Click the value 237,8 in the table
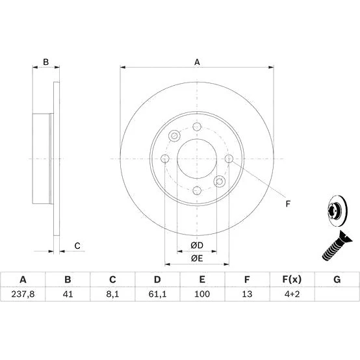click(x=23, y=294)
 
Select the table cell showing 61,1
click(x=157, y=294)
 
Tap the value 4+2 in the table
click(x=292, y=294)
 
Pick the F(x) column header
click(x=292, y=279)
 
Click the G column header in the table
click(x=337, y=279)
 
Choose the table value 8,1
click(x=112, y=294)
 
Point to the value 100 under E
click(x=202, y=294)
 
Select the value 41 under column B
click(x=68, y=294)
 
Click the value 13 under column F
click(x=247, y=294)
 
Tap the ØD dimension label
click(x=197, y=246)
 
